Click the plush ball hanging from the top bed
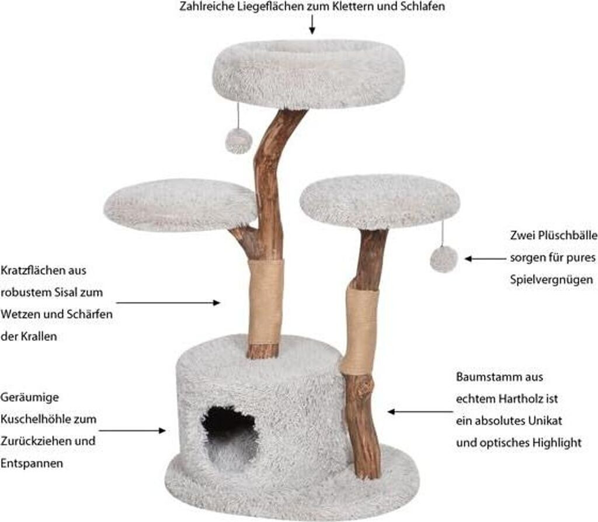coord(238,141)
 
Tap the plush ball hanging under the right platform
coord(444,258)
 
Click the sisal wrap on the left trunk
coord(265,302)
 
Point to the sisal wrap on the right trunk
coord(359,330)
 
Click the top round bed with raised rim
coord(308,73)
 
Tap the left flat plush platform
coord(180,205)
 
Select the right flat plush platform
coord(380,201)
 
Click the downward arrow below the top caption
coord(312,25)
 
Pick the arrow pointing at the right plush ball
coord(484,258)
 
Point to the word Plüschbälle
coord(564,235)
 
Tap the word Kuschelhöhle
coord(48,419)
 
